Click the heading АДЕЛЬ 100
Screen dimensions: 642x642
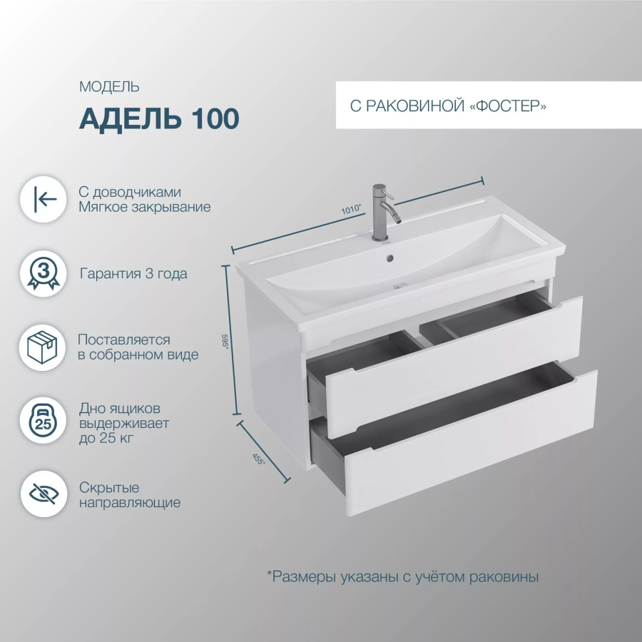(159, 118)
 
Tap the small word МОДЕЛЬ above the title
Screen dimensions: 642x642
(109, 87)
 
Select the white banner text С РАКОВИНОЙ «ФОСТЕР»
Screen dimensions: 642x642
(448, 106)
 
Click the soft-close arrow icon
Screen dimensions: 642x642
(44, 200)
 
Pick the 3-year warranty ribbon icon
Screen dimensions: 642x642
(44, 273)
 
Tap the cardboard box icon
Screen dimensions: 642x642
(42, 347)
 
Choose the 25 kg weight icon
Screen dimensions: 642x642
(43, 420)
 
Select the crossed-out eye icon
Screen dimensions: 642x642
(44, 494)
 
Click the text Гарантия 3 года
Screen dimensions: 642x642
(133, 273)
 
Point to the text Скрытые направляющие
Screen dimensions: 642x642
(130, 495)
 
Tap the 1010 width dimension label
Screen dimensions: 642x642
(352, 209)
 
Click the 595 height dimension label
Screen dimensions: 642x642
(225, 341)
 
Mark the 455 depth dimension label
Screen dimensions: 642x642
(258, 459)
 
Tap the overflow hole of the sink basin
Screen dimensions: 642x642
(389, 258)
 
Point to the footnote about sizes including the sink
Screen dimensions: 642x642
(402, 577)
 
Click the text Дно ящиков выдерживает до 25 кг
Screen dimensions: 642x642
(124, 423)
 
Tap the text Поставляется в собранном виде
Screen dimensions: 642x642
(138, 347)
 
